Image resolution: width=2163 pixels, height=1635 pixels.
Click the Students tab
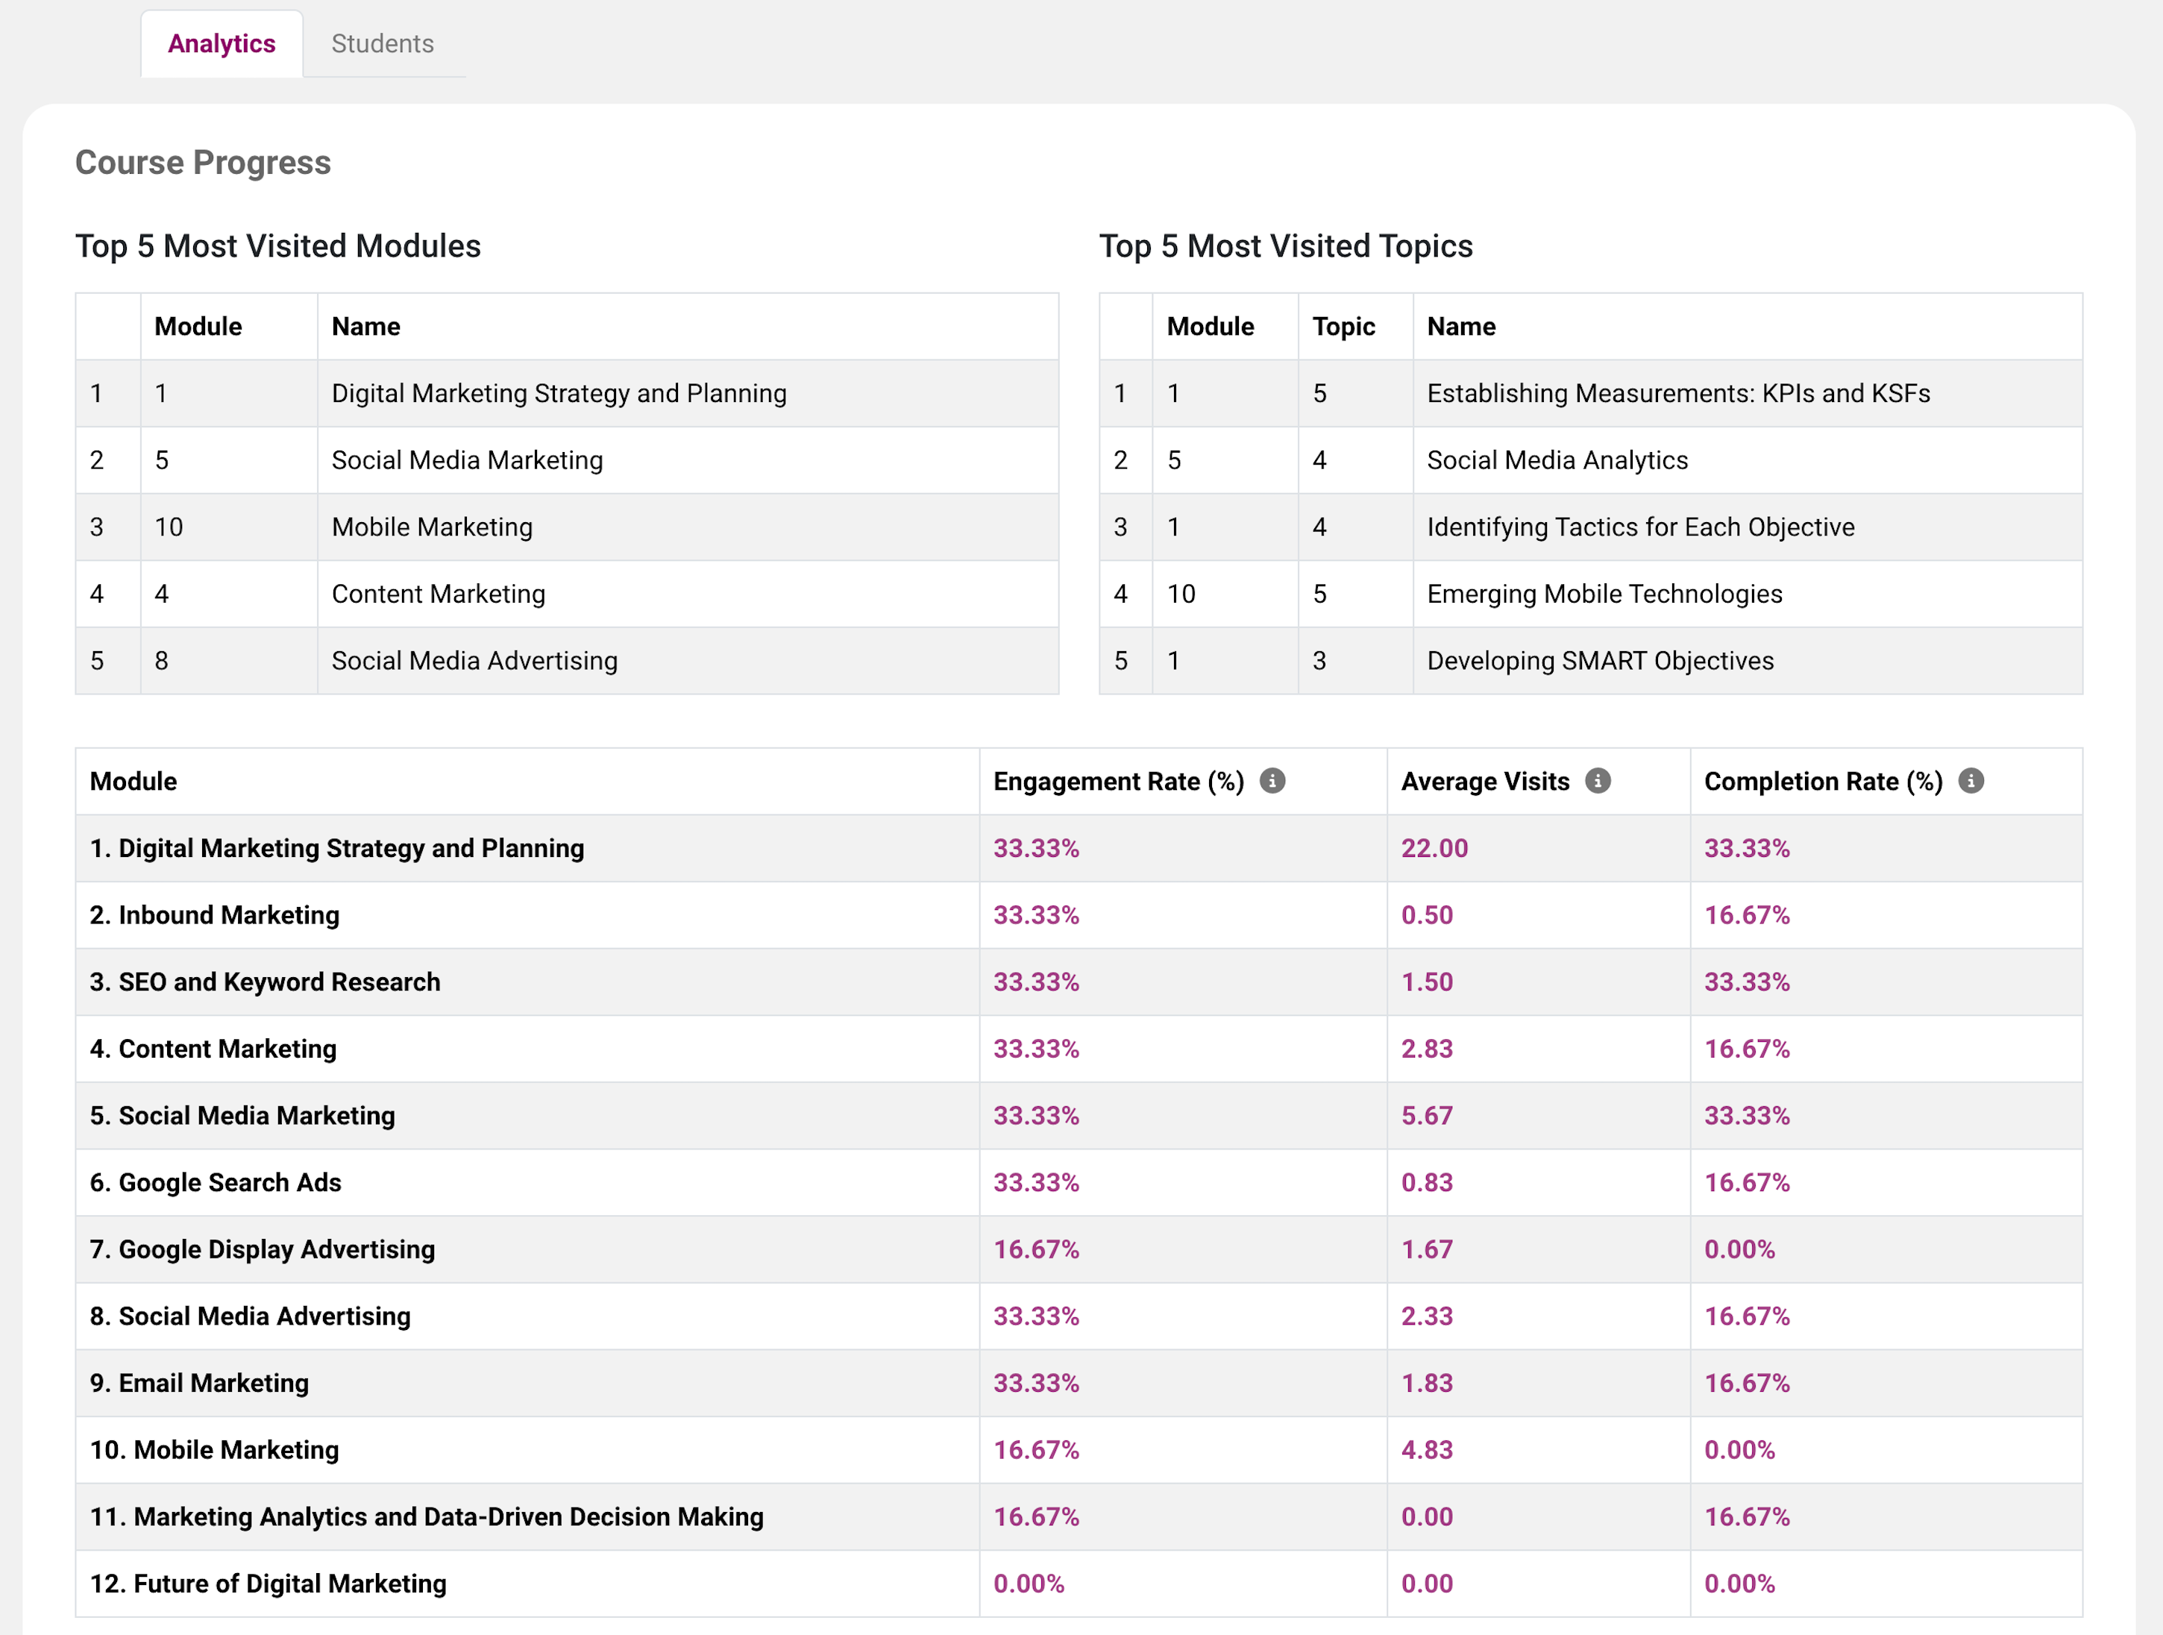click(x=383, y=44)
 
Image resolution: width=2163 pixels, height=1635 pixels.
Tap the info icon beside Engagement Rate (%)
click(x=1272, y=780)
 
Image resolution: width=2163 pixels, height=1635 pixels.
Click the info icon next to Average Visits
click(x=1598, y=780)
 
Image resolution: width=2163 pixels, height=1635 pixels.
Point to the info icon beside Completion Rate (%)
click(x=1971, y=780)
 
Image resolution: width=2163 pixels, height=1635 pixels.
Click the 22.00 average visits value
click(x=1434, y=848)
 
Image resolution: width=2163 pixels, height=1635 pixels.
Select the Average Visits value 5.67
click(x=1427, y=1116)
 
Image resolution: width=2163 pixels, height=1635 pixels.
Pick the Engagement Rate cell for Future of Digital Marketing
click(x=1029, y=1584)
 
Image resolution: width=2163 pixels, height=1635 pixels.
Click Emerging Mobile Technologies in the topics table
click(x=1604, y=594)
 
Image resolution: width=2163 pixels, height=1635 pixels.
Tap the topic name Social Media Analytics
click(x=1557, y=460)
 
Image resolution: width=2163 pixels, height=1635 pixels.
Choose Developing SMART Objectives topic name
click(x=1600, y=661)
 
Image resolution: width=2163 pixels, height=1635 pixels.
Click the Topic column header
click(x=1343, y=327)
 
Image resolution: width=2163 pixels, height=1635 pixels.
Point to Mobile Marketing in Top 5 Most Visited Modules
click(x=432, y=527)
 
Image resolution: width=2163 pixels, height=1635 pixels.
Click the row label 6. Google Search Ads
click(x=215, y=1182)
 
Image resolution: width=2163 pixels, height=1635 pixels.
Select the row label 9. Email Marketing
click(x=199, y=1383)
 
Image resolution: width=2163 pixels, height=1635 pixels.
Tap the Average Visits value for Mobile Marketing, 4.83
click(x=1427, y=1449)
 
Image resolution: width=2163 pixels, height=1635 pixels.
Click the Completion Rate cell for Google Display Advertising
click(x=1739, y=1249)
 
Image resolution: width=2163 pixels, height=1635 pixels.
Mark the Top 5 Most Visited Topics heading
click(x=1285, y=246)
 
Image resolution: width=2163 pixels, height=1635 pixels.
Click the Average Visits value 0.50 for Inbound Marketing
click(x=1427, y=915)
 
